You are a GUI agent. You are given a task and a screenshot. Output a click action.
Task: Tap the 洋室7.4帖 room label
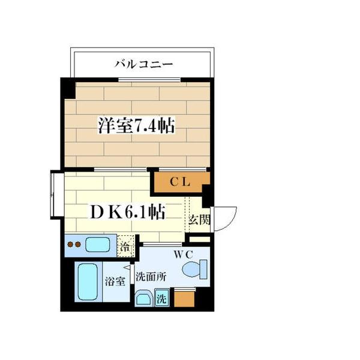(137, 126)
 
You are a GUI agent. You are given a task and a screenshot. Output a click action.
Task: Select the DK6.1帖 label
(128, 212)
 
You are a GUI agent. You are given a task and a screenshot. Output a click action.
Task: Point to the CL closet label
(179, 183)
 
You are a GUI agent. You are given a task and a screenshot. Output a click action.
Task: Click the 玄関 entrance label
(200, 220)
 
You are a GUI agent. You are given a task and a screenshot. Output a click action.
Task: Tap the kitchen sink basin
(97, 245)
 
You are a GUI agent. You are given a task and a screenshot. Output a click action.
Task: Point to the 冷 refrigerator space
(125, 245)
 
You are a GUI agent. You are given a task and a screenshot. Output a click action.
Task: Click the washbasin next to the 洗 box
(144, 298)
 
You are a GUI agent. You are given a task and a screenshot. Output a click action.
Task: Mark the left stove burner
(70, 245)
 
